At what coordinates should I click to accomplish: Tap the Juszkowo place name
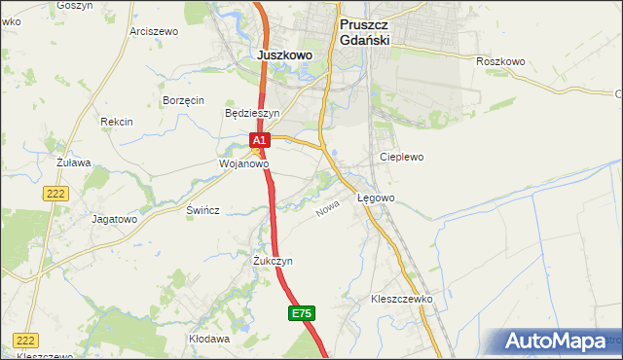tap(284, 55)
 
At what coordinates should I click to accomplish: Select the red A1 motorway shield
tap(258, 141)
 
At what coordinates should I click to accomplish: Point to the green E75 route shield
tap(301, 313)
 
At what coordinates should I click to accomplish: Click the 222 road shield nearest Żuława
tap(55, 195)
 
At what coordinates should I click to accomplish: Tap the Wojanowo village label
tap(243, 164)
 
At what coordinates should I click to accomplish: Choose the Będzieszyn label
tap(252, 113)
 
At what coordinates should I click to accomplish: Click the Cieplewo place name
tap(402, 157)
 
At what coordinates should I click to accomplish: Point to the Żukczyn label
tap(273, 261)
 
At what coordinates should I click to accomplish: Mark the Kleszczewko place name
tap(401, 299)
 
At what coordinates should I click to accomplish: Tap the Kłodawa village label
tap(209, 339)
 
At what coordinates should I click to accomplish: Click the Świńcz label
tap(203, 210)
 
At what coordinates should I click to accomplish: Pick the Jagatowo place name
tap(114, 219)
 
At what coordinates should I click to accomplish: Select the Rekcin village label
tap(116, 122)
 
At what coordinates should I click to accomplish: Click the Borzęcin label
tap(183, 100)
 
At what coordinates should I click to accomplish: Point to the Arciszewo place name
tap(154, 31)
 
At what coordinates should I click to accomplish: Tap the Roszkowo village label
tap(500, 61)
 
